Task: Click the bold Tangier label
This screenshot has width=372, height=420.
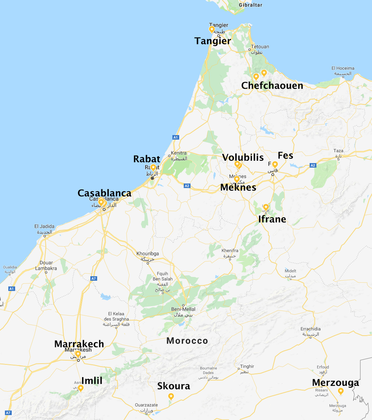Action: (x=212, y=41)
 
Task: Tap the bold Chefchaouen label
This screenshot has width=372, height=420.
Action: (x=272, y=86)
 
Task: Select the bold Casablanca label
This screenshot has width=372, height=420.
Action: (x=104, y=193)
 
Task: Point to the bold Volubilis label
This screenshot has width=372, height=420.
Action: (x=243, y=157)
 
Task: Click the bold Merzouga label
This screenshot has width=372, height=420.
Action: (x=335, y=383)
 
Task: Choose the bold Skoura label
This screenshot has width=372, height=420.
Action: (x=174, y=386)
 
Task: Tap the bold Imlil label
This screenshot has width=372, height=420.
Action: (x=92, y=381)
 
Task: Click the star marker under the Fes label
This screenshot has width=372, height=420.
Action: (x=275, y=164)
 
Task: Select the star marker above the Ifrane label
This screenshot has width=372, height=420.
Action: (x=266, y=207)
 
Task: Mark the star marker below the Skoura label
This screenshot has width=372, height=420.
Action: (x=171, y=396)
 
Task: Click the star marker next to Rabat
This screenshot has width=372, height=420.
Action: (x=153, y=167)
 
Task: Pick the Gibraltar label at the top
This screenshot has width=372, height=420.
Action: (x=250, y=5)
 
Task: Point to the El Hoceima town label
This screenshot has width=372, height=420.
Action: (x=343, y=68)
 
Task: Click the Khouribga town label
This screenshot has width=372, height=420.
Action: (x=148, y=254)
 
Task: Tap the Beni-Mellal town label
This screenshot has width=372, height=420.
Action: (x=183, y=309)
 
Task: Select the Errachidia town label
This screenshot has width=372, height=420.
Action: (x=310, y=329)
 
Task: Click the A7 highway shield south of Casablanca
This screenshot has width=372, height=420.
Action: (x=94, y=278)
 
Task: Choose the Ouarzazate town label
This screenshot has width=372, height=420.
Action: (x=146, y=405)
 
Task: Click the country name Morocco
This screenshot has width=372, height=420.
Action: (x=187, y=341)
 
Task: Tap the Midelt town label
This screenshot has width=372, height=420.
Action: (x=290, y=271)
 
